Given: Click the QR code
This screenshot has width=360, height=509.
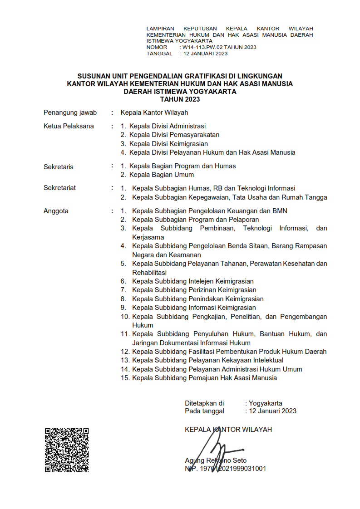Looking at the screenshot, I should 66,450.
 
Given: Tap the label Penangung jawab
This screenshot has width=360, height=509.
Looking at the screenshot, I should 70,113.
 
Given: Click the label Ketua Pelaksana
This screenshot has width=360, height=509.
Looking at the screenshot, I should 69,126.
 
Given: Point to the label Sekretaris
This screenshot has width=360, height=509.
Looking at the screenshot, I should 59,166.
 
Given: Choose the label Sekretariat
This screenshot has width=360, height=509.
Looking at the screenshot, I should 59,188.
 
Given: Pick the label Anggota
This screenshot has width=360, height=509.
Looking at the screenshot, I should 56,210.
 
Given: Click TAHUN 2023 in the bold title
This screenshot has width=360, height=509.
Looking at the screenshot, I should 180,99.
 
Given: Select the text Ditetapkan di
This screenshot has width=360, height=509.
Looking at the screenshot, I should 204,403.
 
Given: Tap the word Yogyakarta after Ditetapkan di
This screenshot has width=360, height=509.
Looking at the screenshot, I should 266,403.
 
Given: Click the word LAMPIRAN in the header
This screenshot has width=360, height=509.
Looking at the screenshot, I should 160,29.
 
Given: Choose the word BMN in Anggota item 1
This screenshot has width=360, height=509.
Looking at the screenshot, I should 279,210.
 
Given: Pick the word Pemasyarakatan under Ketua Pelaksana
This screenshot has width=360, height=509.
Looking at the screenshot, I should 194,135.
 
